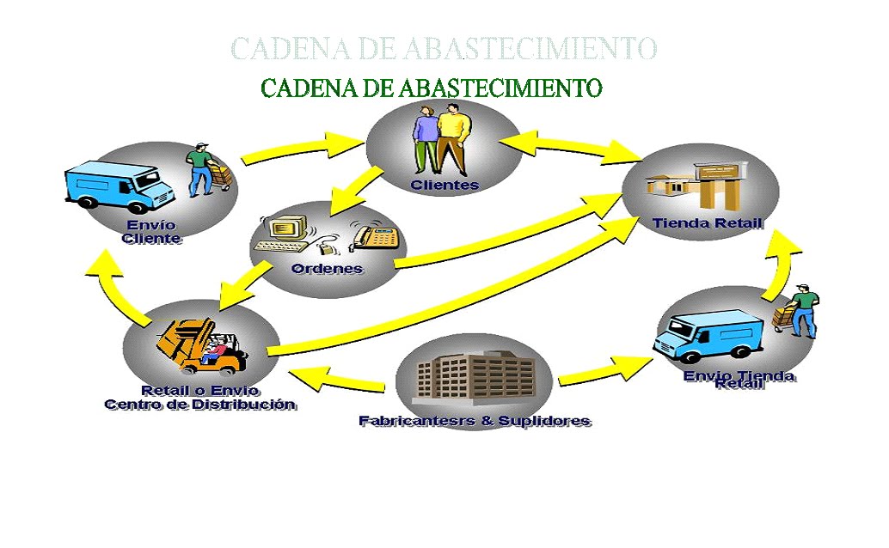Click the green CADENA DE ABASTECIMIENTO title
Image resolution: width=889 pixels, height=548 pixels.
[x=431, y=88]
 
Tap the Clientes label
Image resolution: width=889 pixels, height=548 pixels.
[x=444, y=185]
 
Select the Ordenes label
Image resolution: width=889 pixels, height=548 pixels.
[x=327, y=268]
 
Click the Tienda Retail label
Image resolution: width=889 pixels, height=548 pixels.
[x=707, y=223]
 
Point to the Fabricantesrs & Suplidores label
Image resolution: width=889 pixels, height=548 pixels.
[x=475, y=421]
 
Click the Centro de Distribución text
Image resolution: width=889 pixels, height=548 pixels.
[x=199, y=404]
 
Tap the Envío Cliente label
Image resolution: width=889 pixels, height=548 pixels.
[x=151, y=232]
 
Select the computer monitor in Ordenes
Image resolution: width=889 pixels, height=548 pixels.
[x=287, y=228]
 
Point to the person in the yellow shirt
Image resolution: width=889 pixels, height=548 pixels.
[x=452, y=137]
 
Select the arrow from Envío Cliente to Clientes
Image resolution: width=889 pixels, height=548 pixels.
[x=301, y=146]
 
